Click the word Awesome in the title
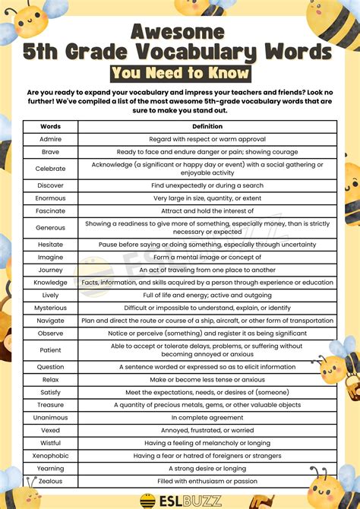[179, 30]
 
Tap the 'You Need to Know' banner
[179, 73]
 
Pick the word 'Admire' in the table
[50, 140]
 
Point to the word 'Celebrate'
[50, 169]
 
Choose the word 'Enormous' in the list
[50, 198]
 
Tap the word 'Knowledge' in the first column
[50, 283]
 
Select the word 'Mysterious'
[50, 308]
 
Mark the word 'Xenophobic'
[50, 456]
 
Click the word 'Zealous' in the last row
[50, 481]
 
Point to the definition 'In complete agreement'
[207, 418]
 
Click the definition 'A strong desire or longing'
[207, 468]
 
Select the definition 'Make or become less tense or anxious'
[207, 380]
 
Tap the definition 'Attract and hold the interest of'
[207, 210]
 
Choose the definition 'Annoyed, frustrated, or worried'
[207, 430]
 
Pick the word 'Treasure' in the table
[50, 405]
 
